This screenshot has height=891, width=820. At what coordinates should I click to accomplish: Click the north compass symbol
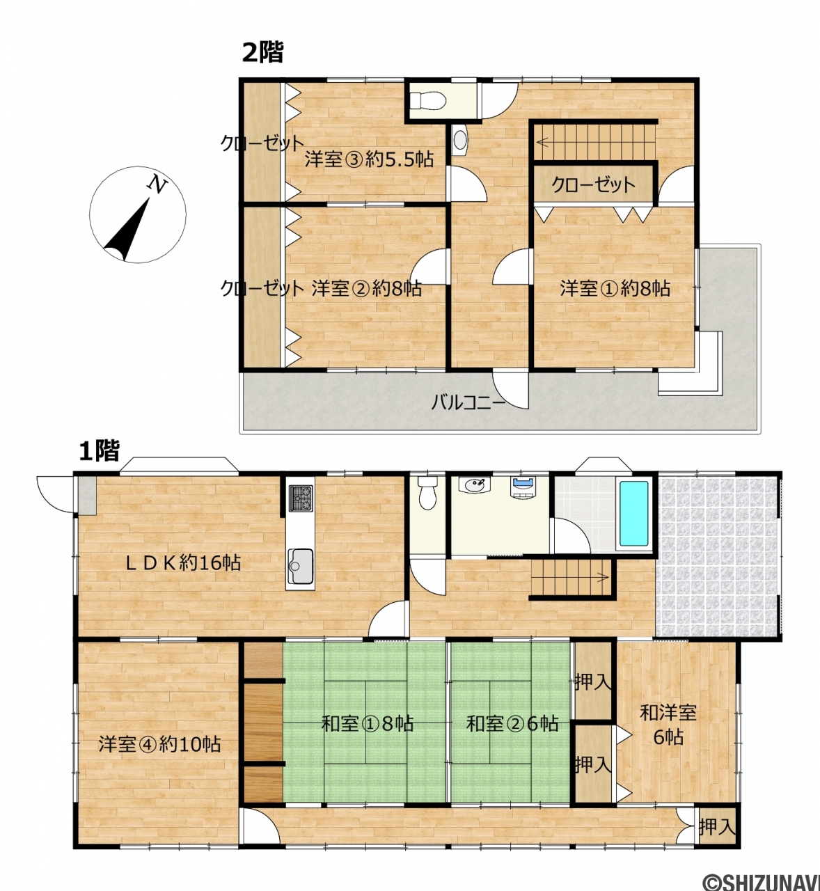[x=138, y=214]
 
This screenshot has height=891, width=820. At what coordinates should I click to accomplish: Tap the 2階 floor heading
[x=262, y=52]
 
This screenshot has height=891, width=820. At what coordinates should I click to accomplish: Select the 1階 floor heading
[x=99, y=450]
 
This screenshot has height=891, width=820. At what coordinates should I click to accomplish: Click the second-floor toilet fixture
[x=427, y=100]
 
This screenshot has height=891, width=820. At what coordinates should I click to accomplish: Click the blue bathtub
[x=634, y=514]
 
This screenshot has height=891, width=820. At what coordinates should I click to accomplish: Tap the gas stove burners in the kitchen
[x=301, y=498]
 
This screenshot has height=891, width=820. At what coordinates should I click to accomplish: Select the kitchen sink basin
[x=300, y=566]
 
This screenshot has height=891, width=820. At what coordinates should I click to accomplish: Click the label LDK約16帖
[x=184, y=563]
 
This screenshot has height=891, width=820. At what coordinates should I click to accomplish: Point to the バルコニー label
[x=468, y=403]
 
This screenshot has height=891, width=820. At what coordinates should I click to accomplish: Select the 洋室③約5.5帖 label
[x=369, y=159]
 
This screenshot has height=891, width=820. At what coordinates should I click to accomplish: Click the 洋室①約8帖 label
[x=615, y=288]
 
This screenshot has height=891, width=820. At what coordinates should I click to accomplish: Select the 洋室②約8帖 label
[x=366, y=288]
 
